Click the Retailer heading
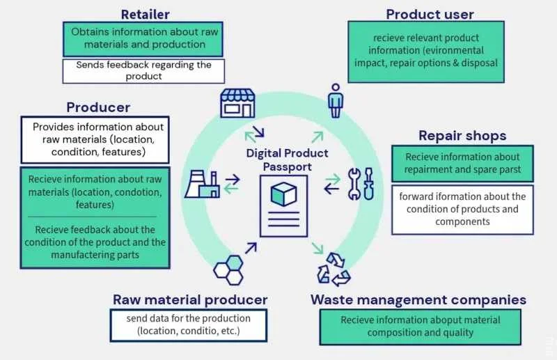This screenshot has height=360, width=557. pos(145,14)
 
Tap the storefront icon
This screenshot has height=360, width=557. pos(237,102)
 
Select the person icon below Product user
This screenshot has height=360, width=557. pos(336,100)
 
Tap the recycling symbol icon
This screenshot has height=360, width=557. pos(334,269)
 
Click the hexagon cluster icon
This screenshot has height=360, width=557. pos(228,269)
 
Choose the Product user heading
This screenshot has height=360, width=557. pos(430,14)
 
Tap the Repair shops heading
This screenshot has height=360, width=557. pos(462,135)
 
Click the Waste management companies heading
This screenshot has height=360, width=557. pos(418,300)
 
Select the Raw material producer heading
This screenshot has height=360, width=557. pos(190,299)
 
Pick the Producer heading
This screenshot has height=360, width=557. pos(98,107)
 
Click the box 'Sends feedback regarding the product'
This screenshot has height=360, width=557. pos(144,70)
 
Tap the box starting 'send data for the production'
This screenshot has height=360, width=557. pos(189,325)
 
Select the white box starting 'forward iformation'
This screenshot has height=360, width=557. pos(462,209)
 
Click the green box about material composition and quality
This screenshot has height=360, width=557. pos(420,326)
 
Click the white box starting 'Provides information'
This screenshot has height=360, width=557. pos(98,139)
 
